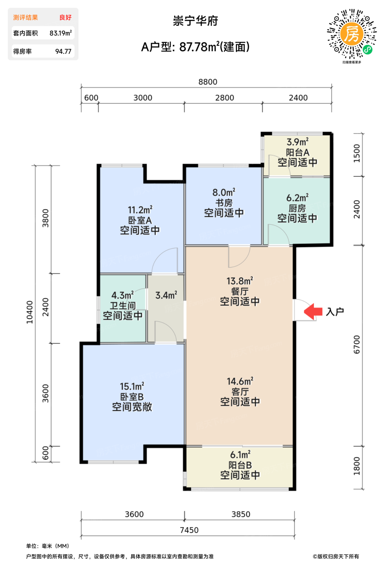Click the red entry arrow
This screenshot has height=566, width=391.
click(x=313, y=311)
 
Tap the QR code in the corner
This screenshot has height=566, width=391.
click(x=352, y=34)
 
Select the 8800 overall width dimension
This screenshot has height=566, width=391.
click(x=208, y=82)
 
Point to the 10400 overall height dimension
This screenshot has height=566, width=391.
click(x=30, y=312)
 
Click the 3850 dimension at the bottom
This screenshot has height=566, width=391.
click(x=241, y=514)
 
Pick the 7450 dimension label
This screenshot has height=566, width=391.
click(x=189, y=530)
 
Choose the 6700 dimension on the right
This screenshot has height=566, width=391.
click(x=356, y=344)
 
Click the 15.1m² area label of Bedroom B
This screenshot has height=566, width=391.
click(x=132, y=386)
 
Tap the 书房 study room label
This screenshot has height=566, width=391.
click(x=224, y=203)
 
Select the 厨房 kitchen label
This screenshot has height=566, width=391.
click(x=297, y=209)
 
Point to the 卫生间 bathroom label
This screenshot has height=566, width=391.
click(x=123, y=306)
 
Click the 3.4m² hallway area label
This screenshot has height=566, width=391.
click(x=166, y=295)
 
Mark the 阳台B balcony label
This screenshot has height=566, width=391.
click(x=240, y=465)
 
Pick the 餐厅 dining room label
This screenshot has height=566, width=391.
click(x=240, y=291)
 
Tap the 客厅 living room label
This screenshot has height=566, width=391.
click(x=240, y=392)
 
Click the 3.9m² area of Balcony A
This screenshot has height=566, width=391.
click(x=298, y=142)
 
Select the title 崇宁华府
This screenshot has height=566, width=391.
click(x=195, y=21)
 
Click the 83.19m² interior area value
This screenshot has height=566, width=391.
click(x=61, y=33)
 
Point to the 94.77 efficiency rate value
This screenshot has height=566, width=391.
click(x=63, y=52)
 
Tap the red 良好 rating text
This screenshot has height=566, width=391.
click(x=65, y=17)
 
